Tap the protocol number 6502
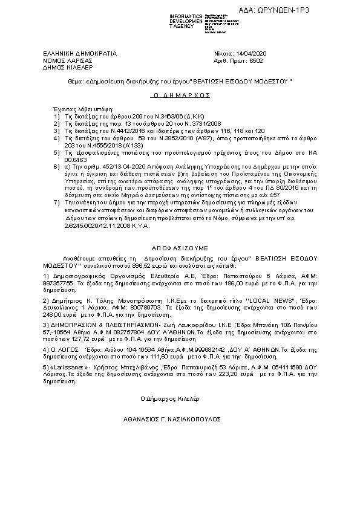(x=257, y=60)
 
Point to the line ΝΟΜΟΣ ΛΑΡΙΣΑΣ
(x=67, y=60)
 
